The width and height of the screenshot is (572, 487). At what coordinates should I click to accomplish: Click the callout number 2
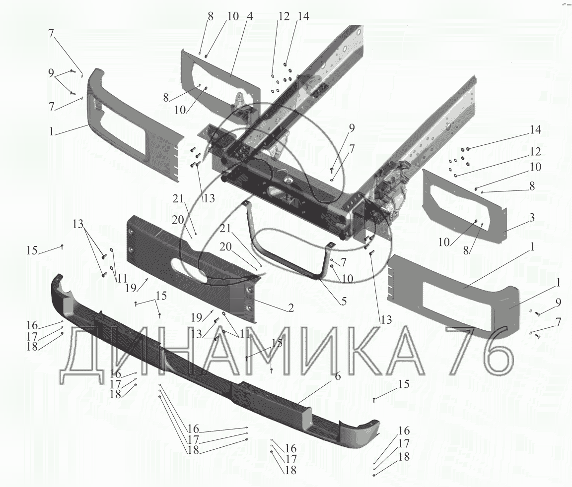pos(290,308)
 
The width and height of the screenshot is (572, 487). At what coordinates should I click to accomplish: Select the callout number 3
pos(532,217)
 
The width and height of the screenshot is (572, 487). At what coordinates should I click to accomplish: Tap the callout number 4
pos(250,16)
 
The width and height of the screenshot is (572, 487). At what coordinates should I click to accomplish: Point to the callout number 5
pos(343,301)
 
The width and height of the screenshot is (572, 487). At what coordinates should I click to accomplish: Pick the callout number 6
pos(338,375)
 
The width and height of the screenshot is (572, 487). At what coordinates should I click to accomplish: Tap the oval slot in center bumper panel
pos(189,271)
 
